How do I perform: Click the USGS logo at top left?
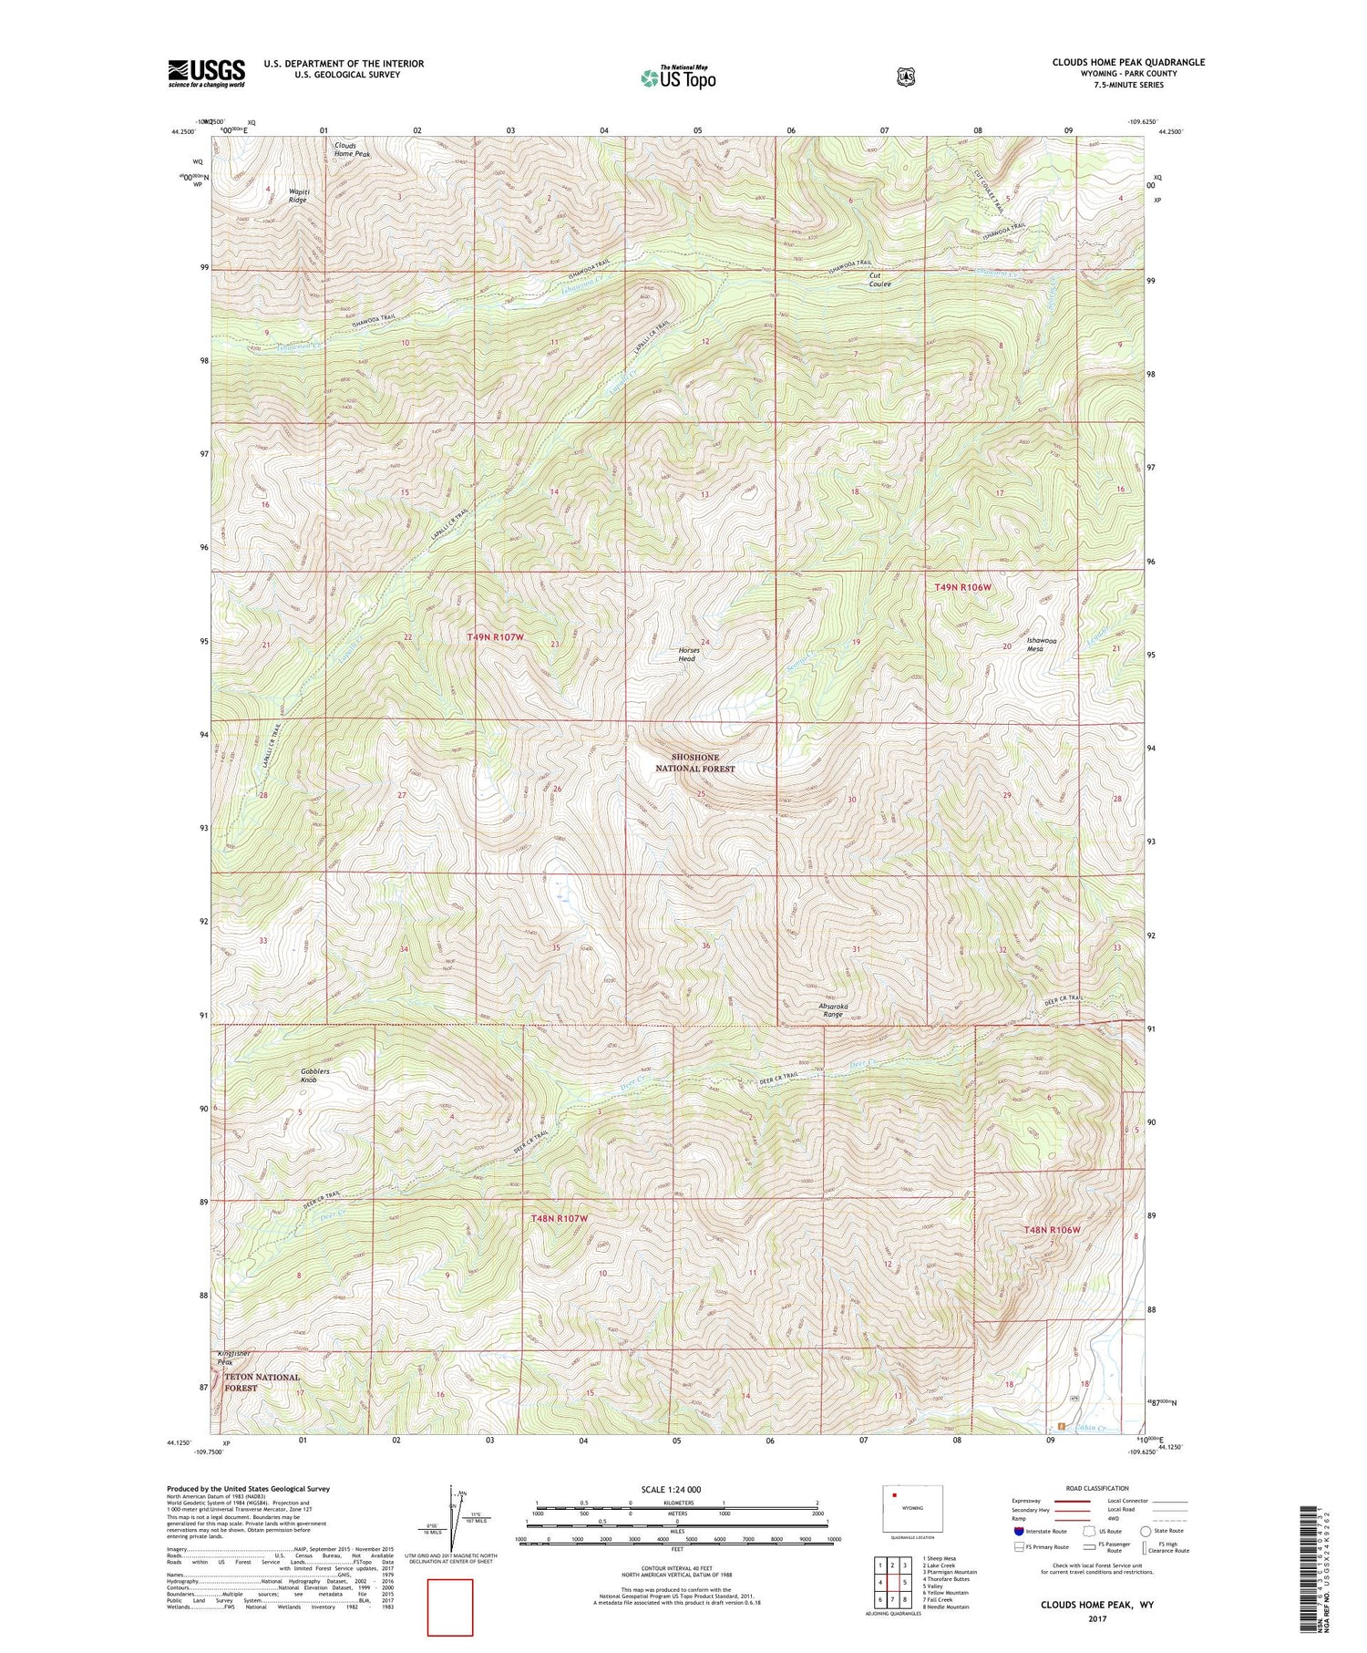click(206, 73)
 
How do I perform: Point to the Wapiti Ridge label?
click(298, 195)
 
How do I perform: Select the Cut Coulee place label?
click(879, 279)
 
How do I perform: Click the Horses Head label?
click(687, 654)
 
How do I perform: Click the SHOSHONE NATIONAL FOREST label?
click(695, 762)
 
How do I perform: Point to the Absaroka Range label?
click(833, 1009)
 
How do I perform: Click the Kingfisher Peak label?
click(233, 1357)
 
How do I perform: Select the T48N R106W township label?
click(1052, 1229)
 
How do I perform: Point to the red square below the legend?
click(450, 1607)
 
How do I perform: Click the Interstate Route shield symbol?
click(1019, 1531)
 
